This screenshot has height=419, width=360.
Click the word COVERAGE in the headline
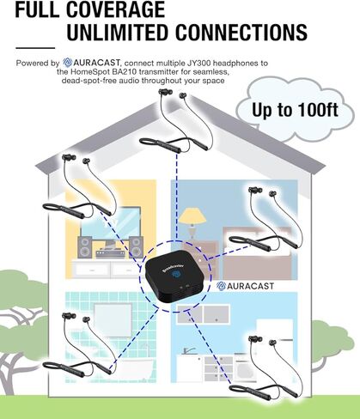pyautogui.click(x=115, y=9)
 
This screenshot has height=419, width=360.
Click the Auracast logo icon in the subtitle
pyautogui.click(x=68, y=63)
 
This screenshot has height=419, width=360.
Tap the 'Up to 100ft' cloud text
pyautogui.click(x=295, y=110)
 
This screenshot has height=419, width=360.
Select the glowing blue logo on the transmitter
pyautogui.click(x=175, y=274)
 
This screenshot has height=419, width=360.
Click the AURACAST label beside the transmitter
pyautogui.click(x=245, y=286)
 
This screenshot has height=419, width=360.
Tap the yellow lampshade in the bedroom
pyautogui.click(x=192, y=216)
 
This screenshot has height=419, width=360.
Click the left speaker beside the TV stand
pyautogui.click(x=85, y=247)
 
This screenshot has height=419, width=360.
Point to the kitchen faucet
pyautogui.click(x=188, y=350)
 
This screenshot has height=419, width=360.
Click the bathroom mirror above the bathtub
pyautogui.click(x=113, y=319)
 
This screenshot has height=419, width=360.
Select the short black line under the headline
pyautogui.click(x=35, y=48)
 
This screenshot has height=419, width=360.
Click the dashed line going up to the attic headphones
pyautogui.click(x=177, y=197)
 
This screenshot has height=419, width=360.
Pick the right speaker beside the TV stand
pyautogui.click(x=137, y=247)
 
